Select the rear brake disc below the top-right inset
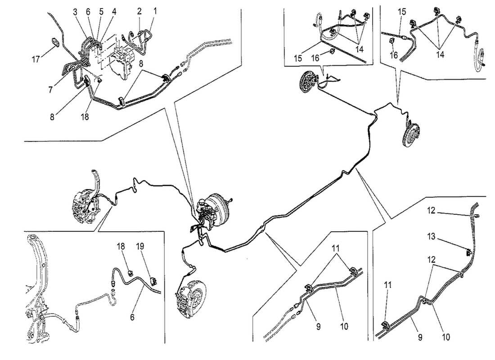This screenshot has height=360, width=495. point(410,133)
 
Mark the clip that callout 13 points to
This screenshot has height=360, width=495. point(469,252)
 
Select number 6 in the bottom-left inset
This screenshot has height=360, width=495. point(132,317)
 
